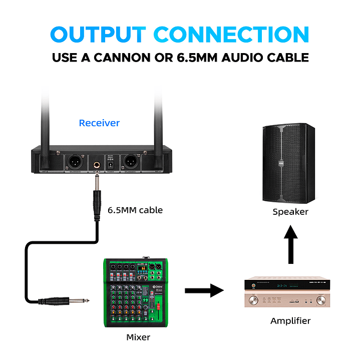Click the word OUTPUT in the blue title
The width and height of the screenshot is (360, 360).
coord(97,34)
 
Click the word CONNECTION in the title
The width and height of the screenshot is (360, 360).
coord(231,34)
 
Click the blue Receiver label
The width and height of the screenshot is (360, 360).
coord(99,123)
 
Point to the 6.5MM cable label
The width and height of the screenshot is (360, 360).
coord(135,210)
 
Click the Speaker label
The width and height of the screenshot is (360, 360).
coord(290,212)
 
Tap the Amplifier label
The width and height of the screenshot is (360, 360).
coord(290,320)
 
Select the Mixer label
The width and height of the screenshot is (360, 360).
coord(138,337)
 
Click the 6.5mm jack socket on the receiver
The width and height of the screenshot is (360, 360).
coord(95,162)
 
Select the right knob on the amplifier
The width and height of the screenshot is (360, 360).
coord(320,301)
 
